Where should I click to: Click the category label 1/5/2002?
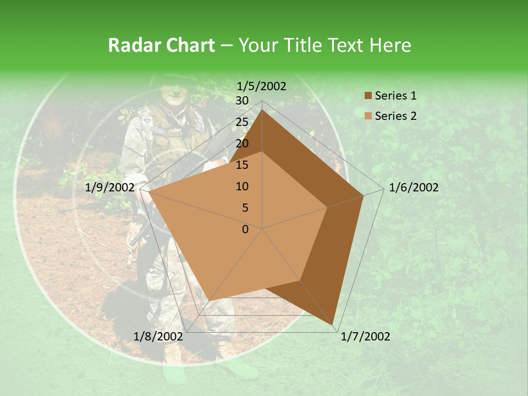tap(262, 86)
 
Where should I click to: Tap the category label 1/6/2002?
tap(414, 188)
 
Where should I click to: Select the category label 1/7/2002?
tap(366, 337)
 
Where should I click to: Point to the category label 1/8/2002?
tap(158, 337)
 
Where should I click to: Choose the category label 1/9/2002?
tap(110, 188)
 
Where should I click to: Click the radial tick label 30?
tap(242, 101)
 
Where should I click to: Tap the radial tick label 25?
tap(242, 122)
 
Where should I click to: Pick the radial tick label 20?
tap(242, 144)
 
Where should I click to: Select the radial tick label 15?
tap(242, 165)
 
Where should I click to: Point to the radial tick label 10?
tap(242, 186)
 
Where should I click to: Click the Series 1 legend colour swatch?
tap(368, 96)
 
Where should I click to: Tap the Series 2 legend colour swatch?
tap(368, 116)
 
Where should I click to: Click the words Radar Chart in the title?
tap(161, 45)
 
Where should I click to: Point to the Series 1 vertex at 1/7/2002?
tap(333, 324)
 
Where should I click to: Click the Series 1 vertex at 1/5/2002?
tap(262, 110)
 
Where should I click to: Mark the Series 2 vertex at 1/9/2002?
tap(148, 192)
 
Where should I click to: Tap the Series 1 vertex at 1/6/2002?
tap(364, 195)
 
